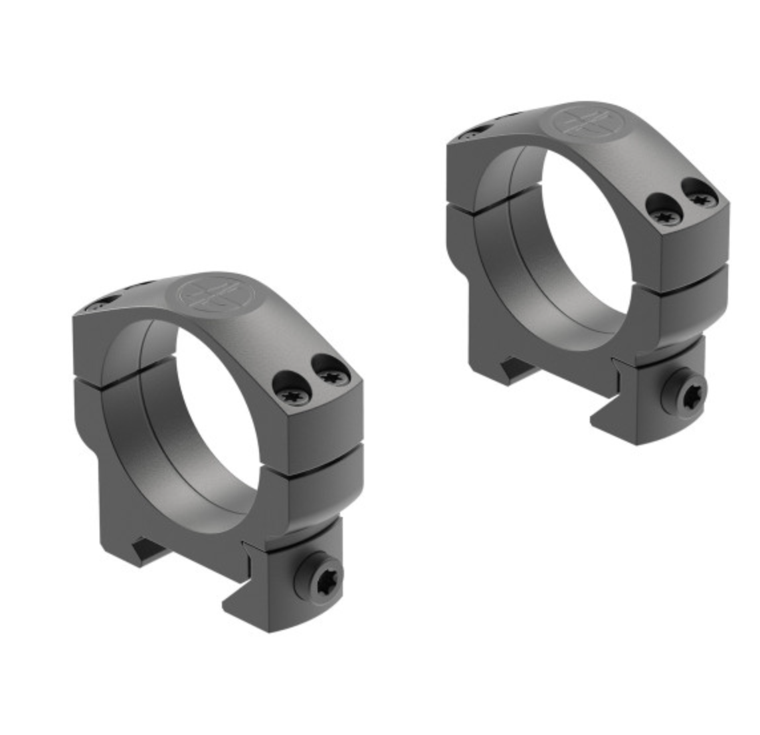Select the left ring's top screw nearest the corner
[330, 377]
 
